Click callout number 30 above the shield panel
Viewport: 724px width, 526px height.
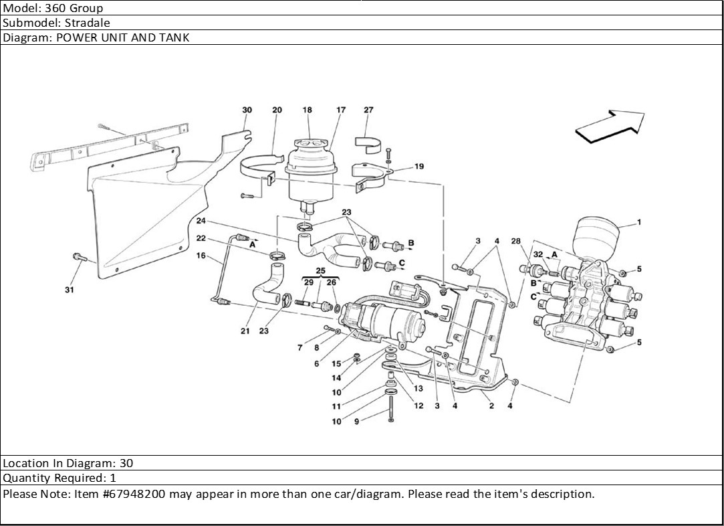pyautogui.click(x=247, y=110)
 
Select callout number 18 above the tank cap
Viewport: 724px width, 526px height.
pyautogui.click(x=307, y=110)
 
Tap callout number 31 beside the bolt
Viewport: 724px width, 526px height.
pyautogui.click(x=70, y=290)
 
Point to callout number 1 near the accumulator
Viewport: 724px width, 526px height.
pyautogui.click(x=639, y=222)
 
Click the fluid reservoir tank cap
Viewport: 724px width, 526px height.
pyautogui.click(x=308, y=145)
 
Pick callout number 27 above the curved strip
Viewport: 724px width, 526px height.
pyautogui.click(x=368, y=110)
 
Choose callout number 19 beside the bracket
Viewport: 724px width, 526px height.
pyautogui.click(x=419, y=167)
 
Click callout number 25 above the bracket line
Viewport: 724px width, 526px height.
pyautogui.click(x=320, y=271)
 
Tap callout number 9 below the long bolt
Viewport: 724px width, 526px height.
pyautogui.click(x=356, y=422)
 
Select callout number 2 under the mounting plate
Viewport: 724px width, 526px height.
pyautogui.click(x=491, y=406)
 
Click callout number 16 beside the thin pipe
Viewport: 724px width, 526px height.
pyautogui.click(x=201, y=256)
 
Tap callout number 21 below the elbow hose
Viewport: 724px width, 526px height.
pyautogui.click(x=245, y=331)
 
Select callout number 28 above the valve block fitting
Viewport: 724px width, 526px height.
pyautogui.click(x=515, y=241)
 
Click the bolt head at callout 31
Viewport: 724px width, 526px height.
pyautogui.click(x=78, y=256)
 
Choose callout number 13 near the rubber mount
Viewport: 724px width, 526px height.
pyautogui.click(x=418, y=388)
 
